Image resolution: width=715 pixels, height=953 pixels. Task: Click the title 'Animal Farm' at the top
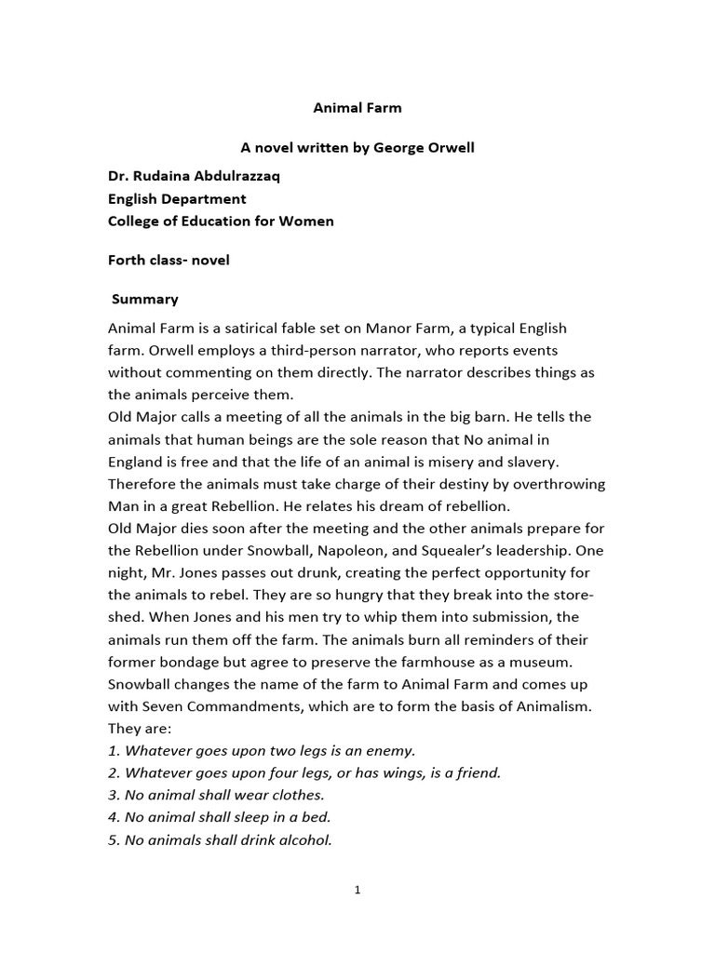coord(357,107)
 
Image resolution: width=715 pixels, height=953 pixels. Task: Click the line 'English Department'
coord(177,198)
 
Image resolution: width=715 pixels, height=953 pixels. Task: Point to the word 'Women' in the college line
coord(307,221)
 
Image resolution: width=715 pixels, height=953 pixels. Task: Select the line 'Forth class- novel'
coord(169,260)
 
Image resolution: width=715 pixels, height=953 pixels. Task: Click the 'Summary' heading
coord(145,299)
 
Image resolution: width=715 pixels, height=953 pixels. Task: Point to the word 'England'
coord(138,462)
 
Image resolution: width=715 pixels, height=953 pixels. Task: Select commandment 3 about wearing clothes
coord(216,796)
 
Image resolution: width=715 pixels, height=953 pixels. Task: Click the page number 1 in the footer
coord(357,891)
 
